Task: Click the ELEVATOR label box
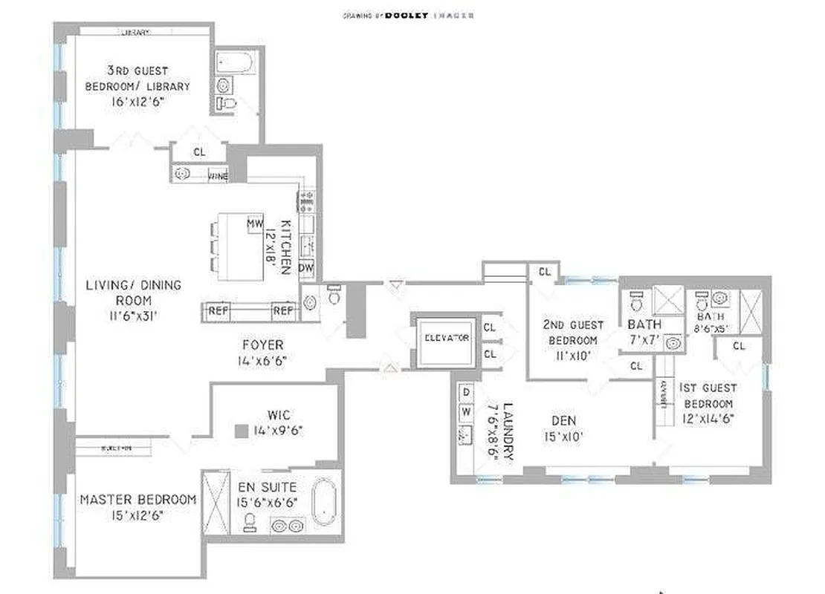coord(446,338)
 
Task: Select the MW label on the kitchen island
coord(255,223)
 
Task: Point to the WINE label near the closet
coord(218,176)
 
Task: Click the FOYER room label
coord(262,345)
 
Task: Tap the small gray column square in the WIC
coord(240,431)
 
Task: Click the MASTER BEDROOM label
coord(138,499)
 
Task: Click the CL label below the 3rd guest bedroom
coord(199,151)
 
